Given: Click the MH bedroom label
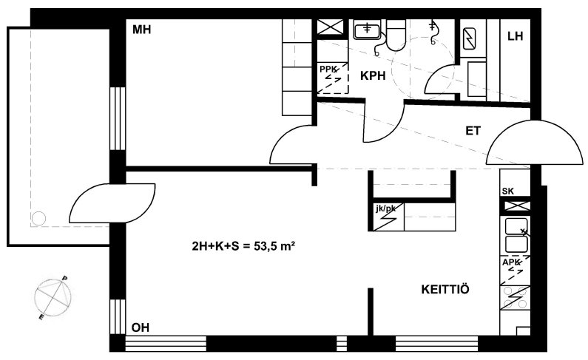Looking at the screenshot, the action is point(141,30).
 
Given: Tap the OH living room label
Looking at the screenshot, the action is point(141,327).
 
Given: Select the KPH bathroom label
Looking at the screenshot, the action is point(373,75).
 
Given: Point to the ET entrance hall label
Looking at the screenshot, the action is point(473,131).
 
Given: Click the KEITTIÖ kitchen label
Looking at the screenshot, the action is point(445,289).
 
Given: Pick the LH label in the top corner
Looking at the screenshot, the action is point(516,36).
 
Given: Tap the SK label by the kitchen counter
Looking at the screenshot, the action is point(508,191).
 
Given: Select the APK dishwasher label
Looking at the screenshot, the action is point(511,262).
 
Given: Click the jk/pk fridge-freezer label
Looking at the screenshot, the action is point(385,208).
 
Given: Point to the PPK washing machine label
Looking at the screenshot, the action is point(328,69).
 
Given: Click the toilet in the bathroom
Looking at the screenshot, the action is point(396,35).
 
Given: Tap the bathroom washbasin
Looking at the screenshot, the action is point(367,30).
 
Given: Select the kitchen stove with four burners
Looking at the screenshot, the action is point(516,298).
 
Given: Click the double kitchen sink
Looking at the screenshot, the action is point(517,235).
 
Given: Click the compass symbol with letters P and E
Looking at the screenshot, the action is point(53,298).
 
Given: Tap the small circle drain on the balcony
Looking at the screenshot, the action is point(38,218).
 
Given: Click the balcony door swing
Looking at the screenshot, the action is point(112,203).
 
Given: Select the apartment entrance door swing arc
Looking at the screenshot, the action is point(534,143).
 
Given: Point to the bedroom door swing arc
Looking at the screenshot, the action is point(291,144).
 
